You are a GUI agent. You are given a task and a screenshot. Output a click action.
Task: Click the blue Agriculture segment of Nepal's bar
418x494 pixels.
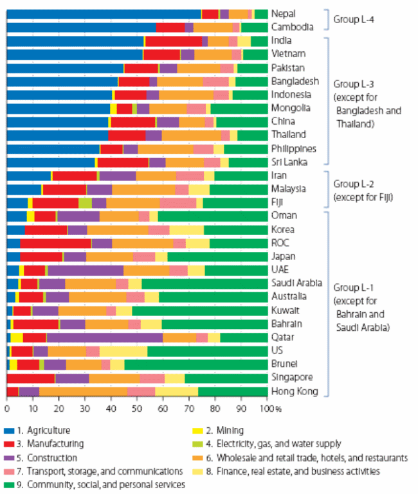(103, 13)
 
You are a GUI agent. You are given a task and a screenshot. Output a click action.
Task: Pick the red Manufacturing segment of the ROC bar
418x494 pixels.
(55, 243)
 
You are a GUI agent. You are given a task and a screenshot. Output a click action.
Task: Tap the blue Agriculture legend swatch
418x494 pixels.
(11, 431)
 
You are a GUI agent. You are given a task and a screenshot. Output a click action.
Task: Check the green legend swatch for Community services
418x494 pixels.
(11, 485)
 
